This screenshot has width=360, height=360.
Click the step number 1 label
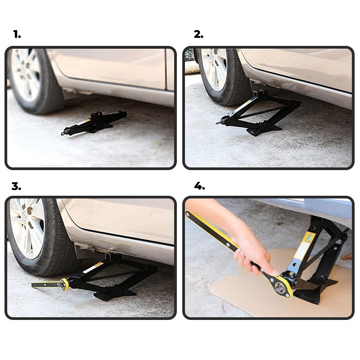tap(17, 35)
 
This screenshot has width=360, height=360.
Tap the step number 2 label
tap(198, 35)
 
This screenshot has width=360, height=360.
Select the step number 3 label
tap(16, 186)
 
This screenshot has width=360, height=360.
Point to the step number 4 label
tap(199, 186)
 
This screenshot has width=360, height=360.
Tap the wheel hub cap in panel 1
tap(26, 72)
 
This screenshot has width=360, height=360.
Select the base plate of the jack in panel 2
tap(264, 129)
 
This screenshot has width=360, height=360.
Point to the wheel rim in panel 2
tap(213, 69)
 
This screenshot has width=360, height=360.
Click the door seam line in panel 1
tap(166, 69)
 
